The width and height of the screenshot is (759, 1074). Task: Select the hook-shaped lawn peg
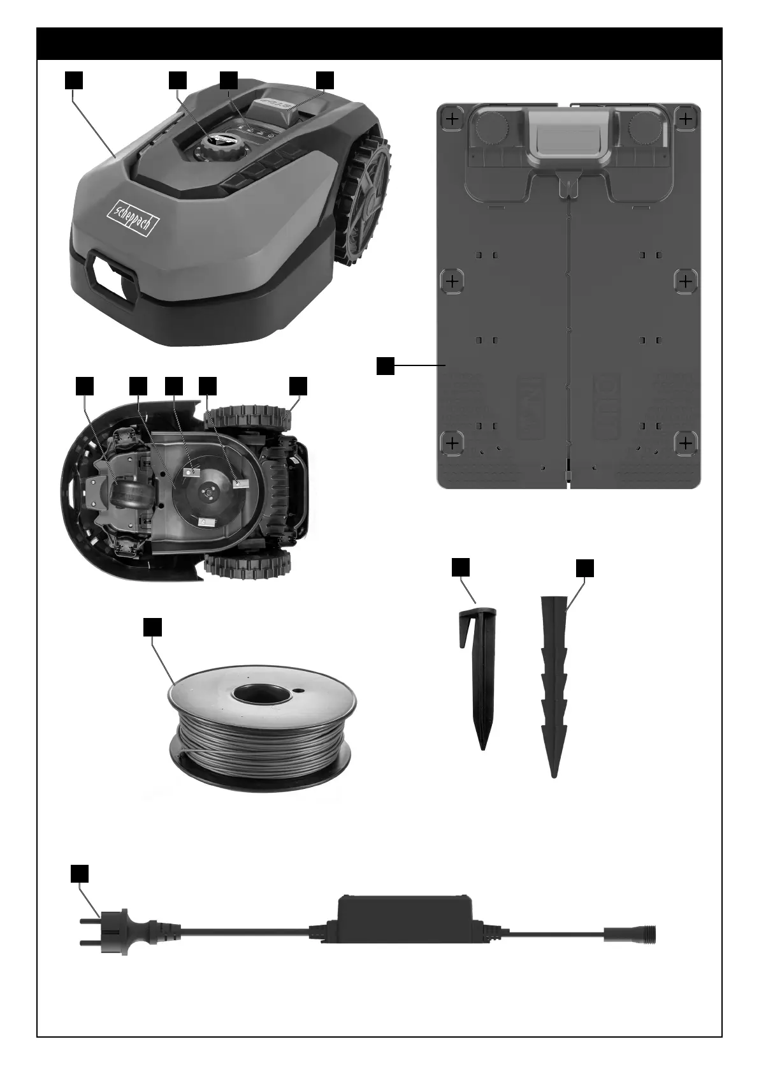coord(478,676)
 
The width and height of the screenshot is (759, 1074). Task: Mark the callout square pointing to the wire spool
coord(152,627)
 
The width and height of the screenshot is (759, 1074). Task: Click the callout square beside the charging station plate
coord(385,366)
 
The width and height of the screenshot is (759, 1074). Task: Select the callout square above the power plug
coord(78,873)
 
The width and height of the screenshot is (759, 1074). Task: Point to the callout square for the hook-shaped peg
coord(460,567)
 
